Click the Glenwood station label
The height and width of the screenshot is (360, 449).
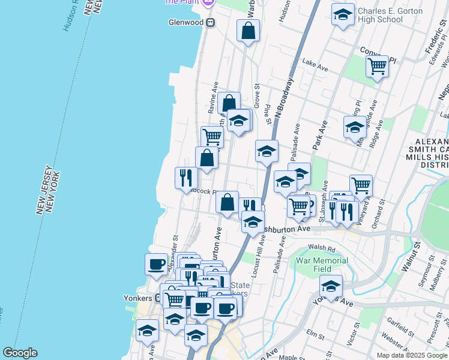[x=186, y=22]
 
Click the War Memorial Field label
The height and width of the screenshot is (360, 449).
[x=322, y=265]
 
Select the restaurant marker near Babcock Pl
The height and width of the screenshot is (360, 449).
[x=186, y=177]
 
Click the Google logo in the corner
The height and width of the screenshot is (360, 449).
[x=20, y=353]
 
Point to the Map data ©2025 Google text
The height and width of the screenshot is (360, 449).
[x=412, y=355]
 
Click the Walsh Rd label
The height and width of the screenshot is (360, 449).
[x=321, y=247]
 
